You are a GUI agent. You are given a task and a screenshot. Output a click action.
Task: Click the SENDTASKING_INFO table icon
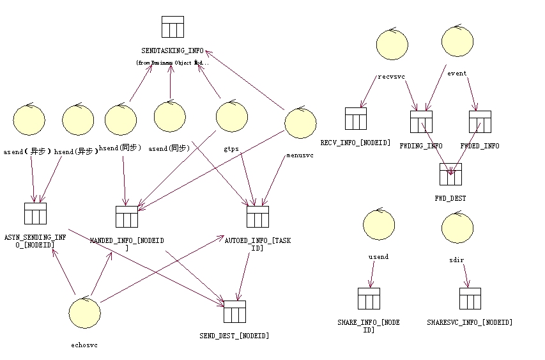(173, 27)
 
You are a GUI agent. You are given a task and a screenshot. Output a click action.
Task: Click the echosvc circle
(85, 313)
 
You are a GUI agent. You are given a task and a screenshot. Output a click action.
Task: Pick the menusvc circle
(300, 123)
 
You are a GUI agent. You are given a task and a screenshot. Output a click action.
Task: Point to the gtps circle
(231, 117)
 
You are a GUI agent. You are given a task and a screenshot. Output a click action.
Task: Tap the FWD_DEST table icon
(450, 174)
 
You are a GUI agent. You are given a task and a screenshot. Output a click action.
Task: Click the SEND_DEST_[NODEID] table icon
(234, 311)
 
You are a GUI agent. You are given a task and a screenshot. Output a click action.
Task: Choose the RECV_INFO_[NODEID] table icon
(356, 118)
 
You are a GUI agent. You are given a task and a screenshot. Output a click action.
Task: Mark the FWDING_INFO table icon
(421, 121)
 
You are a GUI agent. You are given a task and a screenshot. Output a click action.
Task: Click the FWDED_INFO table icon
(480, 121)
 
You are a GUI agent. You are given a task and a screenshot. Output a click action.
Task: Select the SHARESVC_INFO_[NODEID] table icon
(470, 299)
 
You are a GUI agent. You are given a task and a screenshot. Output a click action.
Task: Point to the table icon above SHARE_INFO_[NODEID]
(369, 299)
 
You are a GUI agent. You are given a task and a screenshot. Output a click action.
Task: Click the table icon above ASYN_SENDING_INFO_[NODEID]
(35, 214)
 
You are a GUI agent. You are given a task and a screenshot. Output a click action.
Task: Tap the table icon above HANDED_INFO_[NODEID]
(127, 217)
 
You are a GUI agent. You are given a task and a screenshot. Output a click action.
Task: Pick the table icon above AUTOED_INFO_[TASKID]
(257, 217)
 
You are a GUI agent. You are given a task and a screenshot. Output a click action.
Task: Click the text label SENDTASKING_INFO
(173, 50)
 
